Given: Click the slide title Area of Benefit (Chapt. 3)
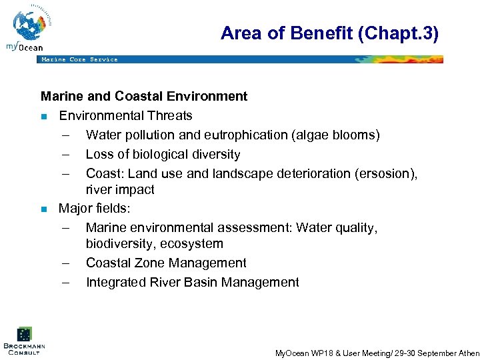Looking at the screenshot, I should pos(329,33).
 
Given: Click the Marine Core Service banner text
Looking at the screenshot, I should pos(79,59).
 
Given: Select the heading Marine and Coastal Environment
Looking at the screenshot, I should pos(144,97).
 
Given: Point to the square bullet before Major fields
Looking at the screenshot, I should pos(44,209).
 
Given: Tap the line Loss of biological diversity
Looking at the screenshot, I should pos(163,155).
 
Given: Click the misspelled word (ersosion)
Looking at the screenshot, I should pos(389,173).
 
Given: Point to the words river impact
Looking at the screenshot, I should pos(120,190).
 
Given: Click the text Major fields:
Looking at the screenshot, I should pos(94,209).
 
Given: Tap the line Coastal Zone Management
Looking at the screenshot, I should pos(166,263).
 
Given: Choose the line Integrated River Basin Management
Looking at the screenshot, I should pos(192,283).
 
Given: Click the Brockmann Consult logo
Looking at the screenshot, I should pos(24,339).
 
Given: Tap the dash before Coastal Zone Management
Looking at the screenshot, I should pos(66,263).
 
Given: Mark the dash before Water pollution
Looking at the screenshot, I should pos(66,135).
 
